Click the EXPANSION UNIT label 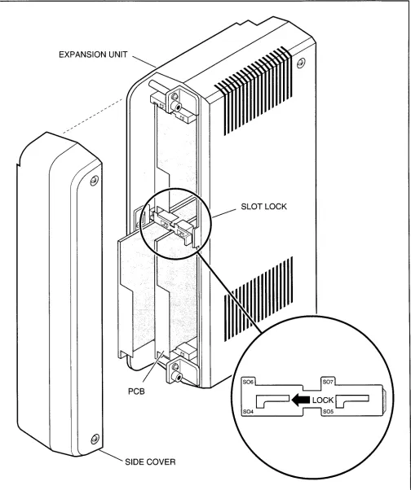tap(93, 55)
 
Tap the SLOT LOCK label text tap(263, 207)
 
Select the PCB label tap(136, 391)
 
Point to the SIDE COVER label tap(150, 462)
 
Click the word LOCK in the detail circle tap(323, 400)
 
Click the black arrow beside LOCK tap(300, 400)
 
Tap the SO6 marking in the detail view tap(248, 382)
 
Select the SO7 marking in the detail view tap(328, 382)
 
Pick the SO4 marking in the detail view tap(248, 412)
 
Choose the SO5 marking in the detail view tap(328, 412)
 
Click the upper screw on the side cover tap(95, 181)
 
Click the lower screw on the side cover tap(95, 439)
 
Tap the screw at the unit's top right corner tap(301, 63)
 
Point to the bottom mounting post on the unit tap(175, 373)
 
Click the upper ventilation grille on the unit tap(254, 91)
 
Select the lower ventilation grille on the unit tap(259, 299)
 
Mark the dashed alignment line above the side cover tap(93, 116)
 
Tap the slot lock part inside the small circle tap(175, 225)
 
